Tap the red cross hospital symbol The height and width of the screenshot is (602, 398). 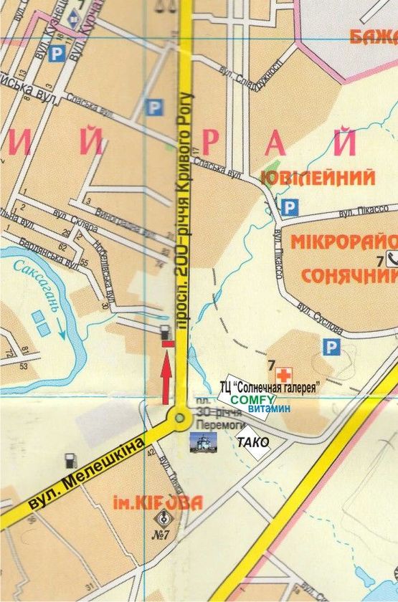(x=285, y=373)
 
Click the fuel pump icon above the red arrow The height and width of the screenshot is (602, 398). (x=166, y=333)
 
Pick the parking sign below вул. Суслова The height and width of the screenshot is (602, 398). (x=331, y=348)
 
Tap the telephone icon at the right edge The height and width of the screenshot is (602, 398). (x=392, y=260)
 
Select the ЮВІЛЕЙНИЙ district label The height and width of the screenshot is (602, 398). (x=319, y=177)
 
